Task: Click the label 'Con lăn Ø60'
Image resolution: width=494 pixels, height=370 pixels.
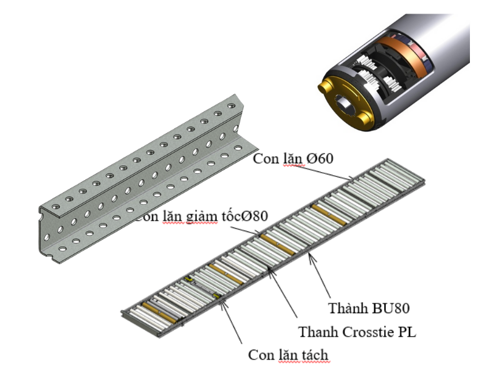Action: pos(293,158)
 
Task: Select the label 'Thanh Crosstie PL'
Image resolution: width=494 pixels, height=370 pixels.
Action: pos(357,332)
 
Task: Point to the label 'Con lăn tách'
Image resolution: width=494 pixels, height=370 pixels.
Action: pos(288,355)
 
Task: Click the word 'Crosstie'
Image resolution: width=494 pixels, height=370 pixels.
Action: pos(362,332)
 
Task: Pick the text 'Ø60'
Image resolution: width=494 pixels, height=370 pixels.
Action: pos(320,158)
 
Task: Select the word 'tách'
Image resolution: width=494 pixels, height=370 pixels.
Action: pos(312,355)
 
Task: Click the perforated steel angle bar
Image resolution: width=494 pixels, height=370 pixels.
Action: pos(142,185)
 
